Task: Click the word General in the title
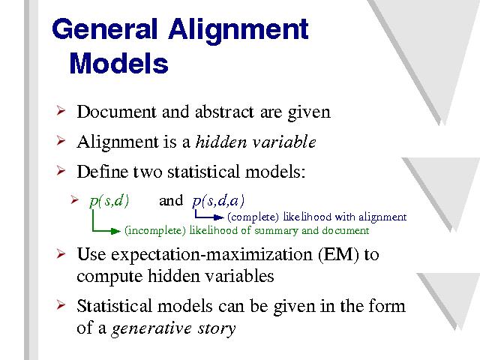click(x=104, y=29)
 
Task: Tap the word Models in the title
click(x=118, y=63)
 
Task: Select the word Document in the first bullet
click(x=116, y=112)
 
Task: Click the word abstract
click(x=224, y=112)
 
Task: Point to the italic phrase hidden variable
click(x=256, y=142)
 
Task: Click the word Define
click(x=103, y=172)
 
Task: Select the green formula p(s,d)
click(x=109, y=202)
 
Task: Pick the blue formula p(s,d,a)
click(x=218, y=202)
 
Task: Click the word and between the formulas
click(x=171, y=201)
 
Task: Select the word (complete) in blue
click(x=253, y=217)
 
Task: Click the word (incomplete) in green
click(x=155, y=230)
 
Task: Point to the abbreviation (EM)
click(x=338, y=254)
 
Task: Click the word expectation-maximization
click(x=211, y=255)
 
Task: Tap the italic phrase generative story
click(x=173, y=328)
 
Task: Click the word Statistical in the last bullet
click(x=114, y=306)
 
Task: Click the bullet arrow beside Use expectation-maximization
click(x=61, y=253)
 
